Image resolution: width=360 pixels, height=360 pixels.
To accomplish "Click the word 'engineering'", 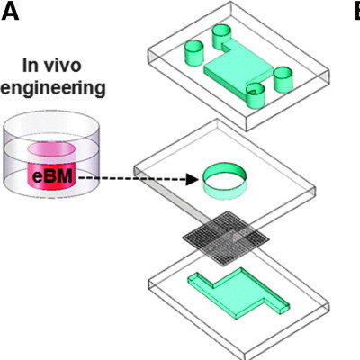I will [54, 88].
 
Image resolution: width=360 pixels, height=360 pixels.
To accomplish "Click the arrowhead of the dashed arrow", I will [191, 179].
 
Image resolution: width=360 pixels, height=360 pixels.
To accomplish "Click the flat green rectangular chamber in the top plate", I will [238, 70].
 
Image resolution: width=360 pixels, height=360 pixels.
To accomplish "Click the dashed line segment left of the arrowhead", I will [135, 179].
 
